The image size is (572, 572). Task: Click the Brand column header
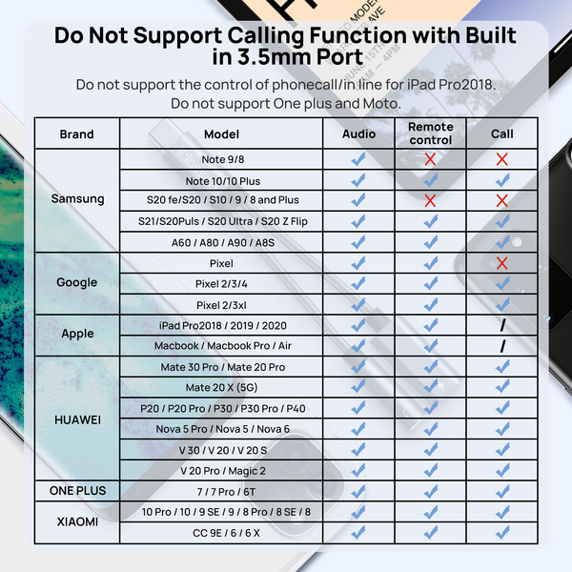click(76, 134)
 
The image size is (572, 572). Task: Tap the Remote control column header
click(430, 133)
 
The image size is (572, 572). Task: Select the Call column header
click(501, 134)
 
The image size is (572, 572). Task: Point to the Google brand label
click(76, 282)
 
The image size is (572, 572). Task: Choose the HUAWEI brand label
click(76, 419)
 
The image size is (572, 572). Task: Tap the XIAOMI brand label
click(76, 521)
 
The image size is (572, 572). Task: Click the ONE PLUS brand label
click(76, 491)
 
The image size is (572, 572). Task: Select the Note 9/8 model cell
click(221, 159)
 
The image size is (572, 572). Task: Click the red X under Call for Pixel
click(501, 263)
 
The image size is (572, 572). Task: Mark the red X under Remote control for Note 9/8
click(430, 159)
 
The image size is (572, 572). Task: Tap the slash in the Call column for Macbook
click(501, 346)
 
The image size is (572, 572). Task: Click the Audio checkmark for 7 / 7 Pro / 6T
click(358, 491)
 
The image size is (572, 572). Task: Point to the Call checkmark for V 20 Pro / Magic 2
click(501, 471)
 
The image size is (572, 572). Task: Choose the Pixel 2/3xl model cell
click(221, 305)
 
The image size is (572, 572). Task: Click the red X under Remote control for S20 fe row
click(430, 200)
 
